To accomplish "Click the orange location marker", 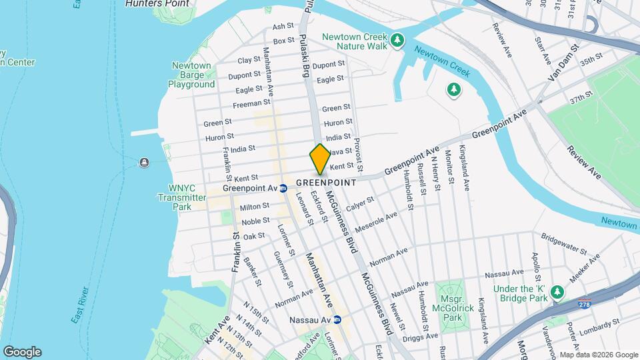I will coord(320,159).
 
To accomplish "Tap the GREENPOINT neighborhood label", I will coord(325,182).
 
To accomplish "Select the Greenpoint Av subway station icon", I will coord(283,188).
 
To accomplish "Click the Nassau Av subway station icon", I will coord(337,320).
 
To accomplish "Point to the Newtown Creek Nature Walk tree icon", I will coord(397,41).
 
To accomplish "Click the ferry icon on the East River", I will coord(144,163).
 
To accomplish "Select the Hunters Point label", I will coord(157,4).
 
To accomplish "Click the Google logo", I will coord(22,352).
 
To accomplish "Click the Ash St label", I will coord(283,27).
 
